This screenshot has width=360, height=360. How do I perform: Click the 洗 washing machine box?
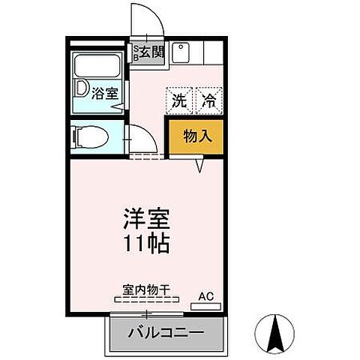(x=179, y=101)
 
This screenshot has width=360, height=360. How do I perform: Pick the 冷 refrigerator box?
(x=209, y=101)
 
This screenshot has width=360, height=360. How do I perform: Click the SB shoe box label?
(x=136, y=52)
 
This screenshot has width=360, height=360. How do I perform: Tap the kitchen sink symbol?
(x=181, y=53)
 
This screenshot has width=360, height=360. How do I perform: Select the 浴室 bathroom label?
(x=103, y=94)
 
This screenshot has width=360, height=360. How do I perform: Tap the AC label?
(x=206, y=296)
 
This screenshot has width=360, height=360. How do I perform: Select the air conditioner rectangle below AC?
(x=206, y=306)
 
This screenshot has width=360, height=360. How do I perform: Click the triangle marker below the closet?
(x=200, y=165)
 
